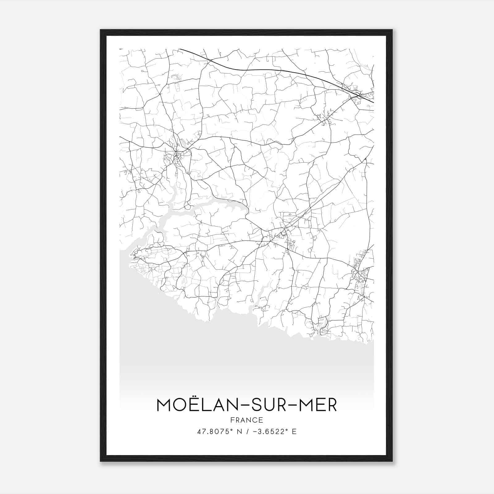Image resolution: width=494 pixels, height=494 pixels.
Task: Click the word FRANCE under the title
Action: [247, 420]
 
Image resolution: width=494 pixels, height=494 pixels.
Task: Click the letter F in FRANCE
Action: [232, 420]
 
